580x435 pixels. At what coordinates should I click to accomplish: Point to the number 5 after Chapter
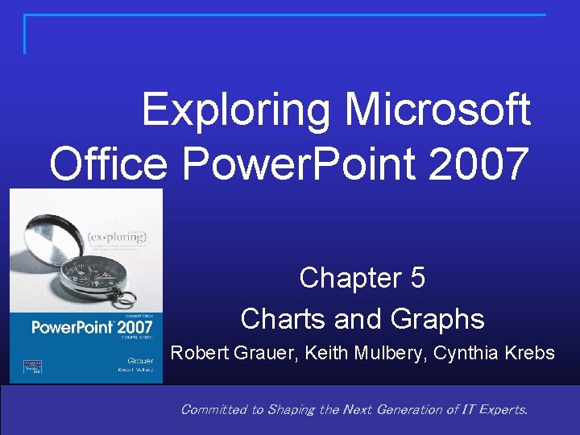coord(416,278)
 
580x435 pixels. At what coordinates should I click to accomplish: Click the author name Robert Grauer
coord(221,353)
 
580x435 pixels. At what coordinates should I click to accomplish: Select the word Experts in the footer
coord(501,409)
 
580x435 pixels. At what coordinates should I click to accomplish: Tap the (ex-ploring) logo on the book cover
coord(117,238)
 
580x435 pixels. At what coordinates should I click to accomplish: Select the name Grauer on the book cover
coord(140,360)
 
